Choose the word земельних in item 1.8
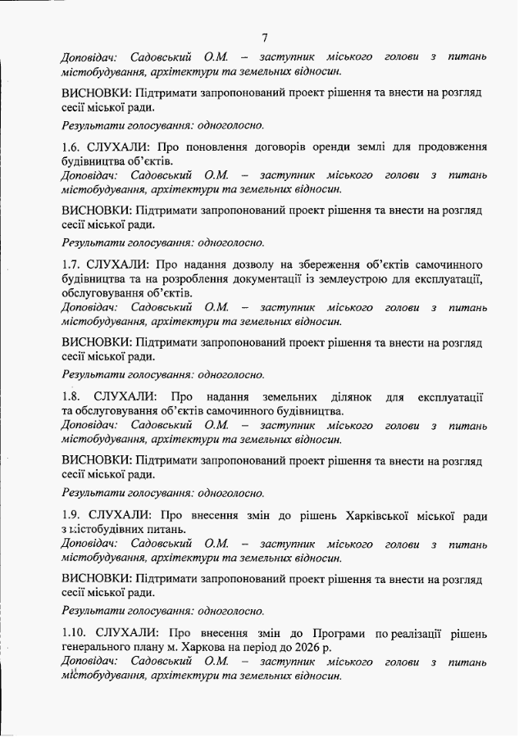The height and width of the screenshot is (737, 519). coord(290,397)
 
